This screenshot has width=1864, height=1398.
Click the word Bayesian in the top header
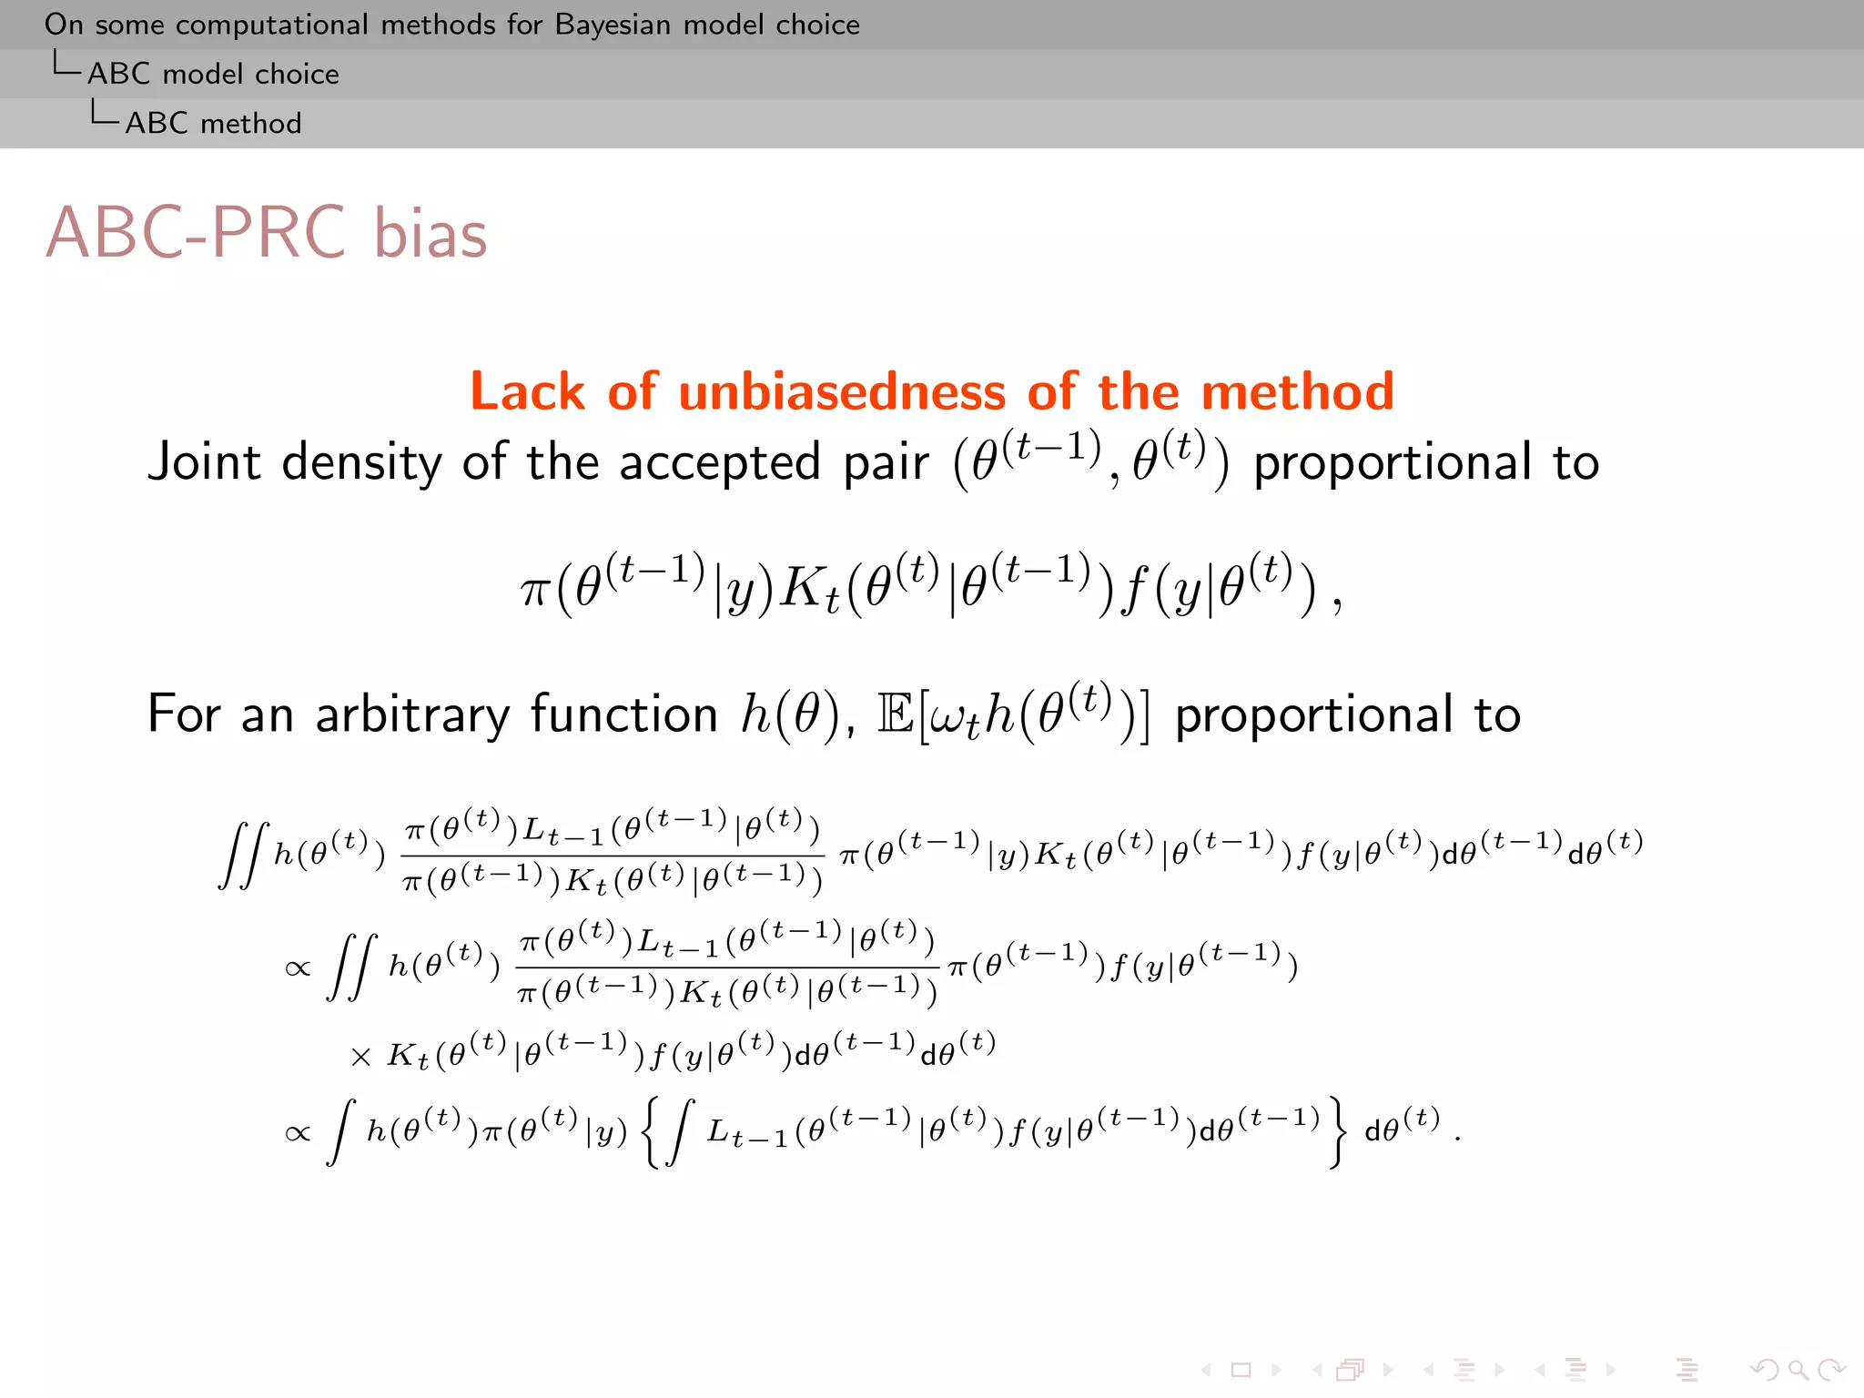click(x=613, y=25)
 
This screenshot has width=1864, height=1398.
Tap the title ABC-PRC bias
click(x=266, y=233)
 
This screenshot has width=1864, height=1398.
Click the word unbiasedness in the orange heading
click(x=842, y=392)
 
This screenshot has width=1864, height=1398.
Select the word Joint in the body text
click(x=204, y=461)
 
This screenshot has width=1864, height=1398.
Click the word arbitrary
click(x=412, y=715)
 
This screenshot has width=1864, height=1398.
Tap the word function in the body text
click(x=624, y=714)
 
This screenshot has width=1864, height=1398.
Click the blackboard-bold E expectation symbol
click(x=895, y=714)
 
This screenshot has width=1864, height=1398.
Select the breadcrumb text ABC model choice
click(x=213, y=74)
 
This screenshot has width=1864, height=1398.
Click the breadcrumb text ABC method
click(x=213, y=123)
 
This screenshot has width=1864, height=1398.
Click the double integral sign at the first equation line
click(x=244, y=855)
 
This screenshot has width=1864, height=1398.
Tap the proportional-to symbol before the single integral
click(x=298, y=1133)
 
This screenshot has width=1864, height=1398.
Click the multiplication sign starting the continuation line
click(x=360, y=1057)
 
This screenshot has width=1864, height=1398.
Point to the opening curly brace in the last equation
click(x=649, y=1132)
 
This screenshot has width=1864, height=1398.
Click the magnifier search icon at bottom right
click(x=1798, y=1370)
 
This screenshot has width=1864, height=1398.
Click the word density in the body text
click(x=361, y=461)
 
